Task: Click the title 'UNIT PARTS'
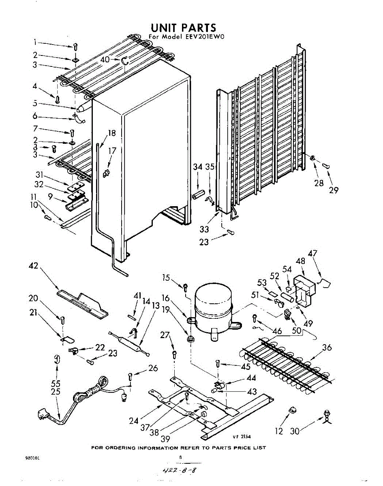[x=184, y=28]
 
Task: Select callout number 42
[x=35, y=266]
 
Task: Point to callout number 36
[x=327, y=347]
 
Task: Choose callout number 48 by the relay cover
[x=300, y=261]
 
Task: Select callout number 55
[x=56, y=383]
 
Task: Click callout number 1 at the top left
[x=35, y=42]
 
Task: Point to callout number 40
[x=105, y=59]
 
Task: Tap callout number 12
[x=278, y=431]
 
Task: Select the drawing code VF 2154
[x=242, y=437]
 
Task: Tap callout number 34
[x=197, y=167]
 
